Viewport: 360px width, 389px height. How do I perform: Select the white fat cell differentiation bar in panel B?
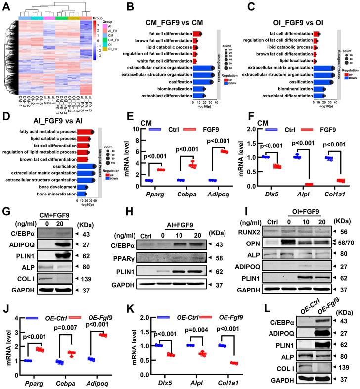coord(196,61)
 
